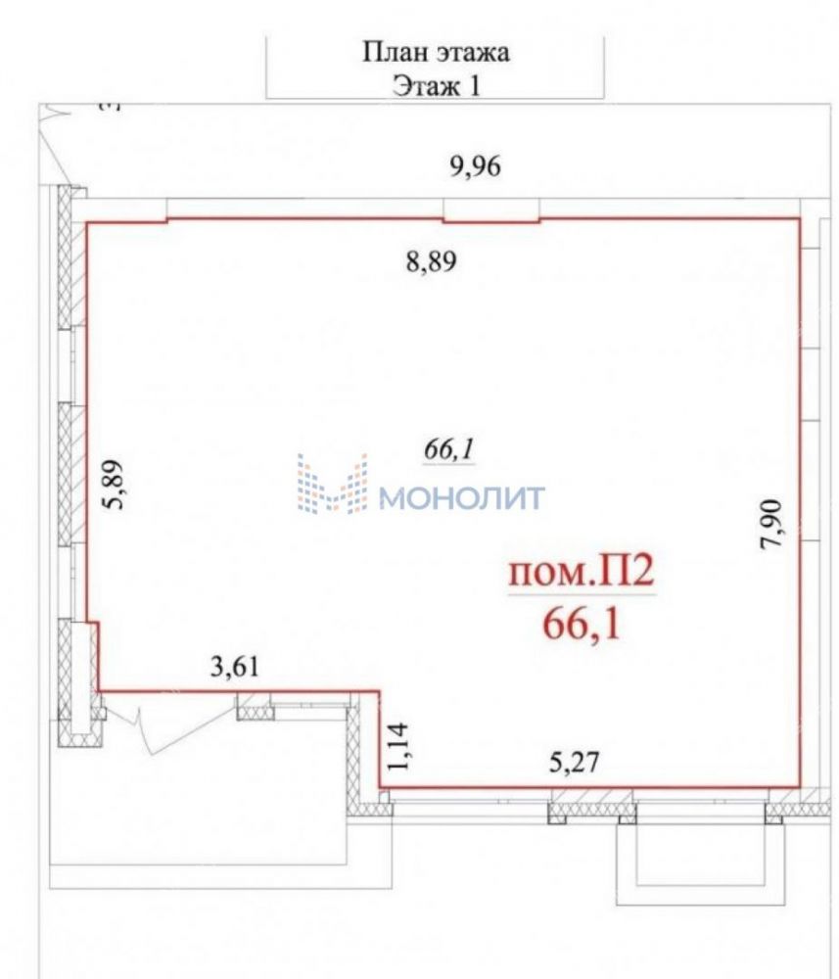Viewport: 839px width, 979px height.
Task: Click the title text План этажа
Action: tap(436, 52)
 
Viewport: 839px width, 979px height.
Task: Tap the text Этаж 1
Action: tap(437, 85)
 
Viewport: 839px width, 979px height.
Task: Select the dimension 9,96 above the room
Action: tap(476, 166)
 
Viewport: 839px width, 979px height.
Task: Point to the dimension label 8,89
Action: tap(432, 261)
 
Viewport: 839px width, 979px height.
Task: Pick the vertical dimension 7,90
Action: tap(770, 524)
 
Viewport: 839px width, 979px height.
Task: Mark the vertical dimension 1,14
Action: tap(398, 746)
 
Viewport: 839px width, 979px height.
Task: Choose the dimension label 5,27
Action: tap(575, 763)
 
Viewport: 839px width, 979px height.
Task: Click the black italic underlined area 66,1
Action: tap(449, 449)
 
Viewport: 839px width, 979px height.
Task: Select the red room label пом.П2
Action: tap(582, 572)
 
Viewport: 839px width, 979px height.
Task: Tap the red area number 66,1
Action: tap(583, 623)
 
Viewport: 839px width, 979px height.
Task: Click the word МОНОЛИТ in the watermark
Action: tap(462, 498)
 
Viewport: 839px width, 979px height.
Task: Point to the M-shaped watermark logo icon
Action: tap(332, 484)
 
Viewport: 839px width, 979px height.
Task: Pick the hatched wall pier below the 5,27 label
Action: tap(591, 810)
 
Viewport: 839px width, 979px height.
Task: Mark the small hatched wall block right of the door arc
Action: tap(255, 708)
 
